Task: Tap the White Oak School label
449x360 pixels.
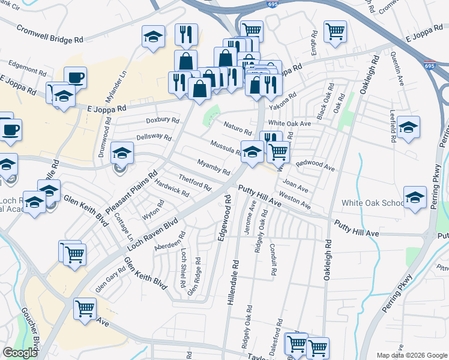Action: tap(373, 203)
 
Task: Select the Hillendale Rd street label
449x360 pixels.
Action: tap(233, 281)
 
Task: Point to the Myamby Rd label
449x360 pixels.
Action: tap(214, 167)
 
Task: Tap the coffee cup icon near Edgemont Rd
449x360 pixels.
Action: tap(75, 77)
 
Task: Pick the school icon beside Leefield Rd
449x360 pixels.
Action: tap(408, 127)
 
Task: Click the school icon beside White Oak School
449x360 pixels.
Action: tap(415, 197)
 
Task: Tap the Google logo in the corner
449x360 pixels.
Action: tap(20, 353)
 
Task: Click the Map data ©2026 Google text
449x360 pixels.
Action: tap(412, 355)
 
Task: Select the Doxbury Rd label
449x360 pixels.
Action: tap(163, 121)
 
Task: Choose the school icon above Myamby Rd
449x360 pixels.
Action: tap(253, 151)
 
